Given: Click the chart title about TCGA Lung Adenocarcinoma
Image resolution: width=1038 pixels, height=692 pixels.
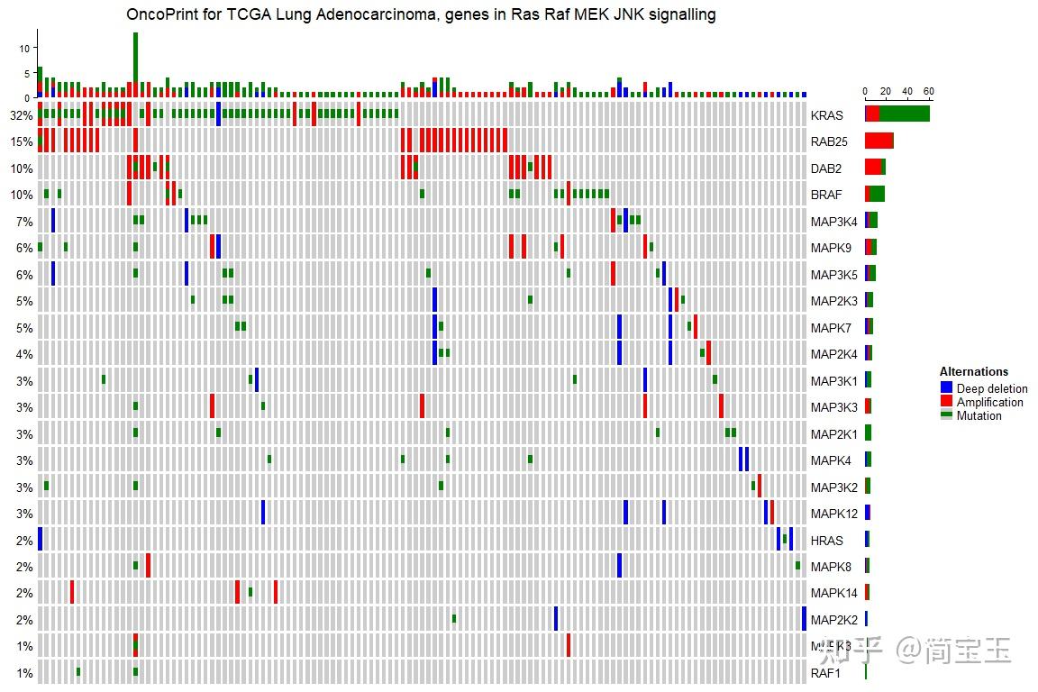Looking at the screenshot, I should tap(421, 14).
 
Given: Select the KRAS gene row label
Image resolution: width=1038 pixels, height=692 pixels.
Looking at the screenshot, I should tap(826, 115).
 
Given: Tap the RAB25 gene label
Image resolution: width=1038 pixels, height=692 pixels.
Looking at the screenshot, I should tap(829, 141).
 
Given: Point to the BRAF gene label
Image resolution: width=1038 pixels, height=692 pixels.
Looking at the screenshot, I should tap(826, 195).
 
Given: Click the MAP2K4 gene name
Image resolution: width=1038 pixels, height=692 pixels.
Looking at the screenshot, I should tap(833, 354).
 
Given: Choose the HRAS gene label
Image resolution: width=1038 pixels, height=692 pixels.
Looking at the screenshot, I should tap(826, 541).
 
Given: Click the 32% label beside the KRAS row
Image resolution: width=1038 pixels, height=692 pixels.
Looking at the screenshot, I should tap(22, 115).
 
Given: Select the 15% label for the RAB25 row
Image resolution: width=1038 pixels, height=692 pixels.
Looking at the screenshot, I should tap(22, 141).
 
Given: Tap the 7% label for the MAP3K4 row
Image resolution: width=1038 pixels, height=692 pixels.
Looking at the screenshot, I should tap(24, 222).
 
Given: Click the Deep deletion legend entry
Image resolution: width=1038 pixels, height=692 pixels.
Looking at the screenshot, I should tap(991, 389).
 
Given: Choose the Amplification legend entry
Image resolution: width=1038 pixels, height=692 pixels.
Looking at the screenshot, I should tap(989, 403).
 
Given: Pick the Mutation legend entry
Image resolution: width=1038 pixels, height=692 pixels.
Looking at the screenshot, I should tap(979, 416).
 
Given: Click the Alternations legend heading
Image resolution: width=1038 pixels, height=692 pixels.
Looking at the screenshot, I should tap(973, 372).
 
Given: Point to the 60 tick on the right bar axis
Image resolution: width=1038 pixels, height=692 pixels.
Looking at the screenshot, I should tap(929, 91).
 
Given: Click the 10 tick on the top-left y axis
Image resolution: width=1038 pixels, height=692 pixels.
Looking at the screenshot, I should tap(25, 48).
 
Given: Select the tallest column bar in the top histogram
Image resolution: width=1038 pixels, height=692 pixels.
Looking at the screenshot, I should tap(135, 63).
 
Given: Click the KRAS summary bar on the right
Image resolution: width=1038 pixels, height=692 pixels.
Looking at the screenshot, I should tap(897, 114).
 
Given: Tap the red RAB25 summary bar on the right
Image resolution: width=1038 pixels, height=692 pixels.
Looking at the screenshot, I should tap(879, 141).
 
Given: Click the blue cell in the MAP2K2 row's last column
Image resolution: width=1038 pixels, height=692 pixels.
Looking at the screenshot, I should tap(804, 619).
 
